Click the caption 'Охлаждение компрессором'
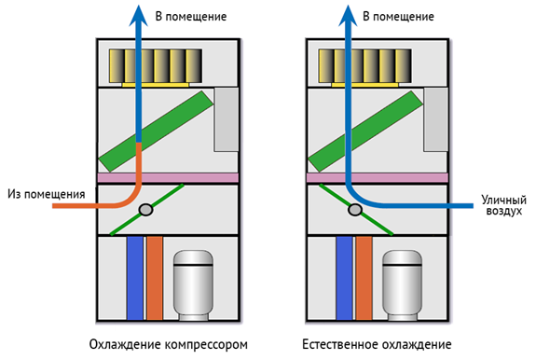(x=169, y=344)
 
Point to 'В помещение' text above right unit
(x=395, y=17)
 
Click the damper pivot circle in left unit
(x=145, y=211)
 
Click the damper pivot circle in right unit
(x=354, y=211)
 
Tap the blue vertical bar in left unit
(x=135, y=277)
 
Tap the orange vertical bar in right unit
(x=364, y=277)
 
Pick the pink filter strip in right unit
(x=377, y=177)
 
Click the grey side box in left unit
(x=227, y=119)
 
